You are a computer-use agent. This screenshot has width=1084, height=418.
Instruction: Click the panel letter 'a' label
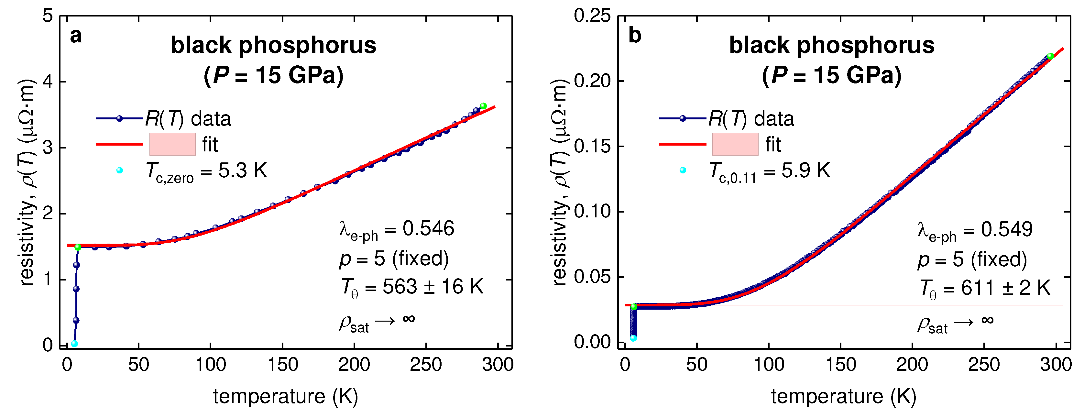76,36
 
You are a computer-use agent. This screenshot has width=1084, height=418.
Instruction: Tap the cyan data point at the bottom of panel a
74,344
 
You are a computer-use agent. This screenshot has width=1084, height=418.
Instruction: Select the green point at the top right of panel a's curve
484,106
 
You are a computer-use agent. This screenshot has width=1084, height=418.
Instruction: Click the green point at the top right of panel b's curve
1050,56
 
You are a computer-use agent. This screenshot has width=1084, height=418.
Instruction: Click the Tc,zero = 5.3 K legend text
206,171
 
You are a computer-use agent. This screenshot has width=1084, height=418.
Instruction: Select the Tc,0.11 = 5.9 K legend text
769,171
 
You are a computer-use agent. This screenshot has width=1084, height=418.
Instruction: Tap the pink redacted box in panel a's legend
172,144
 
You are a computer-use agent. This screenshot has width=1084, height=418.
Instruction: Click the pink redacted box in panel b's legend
735,144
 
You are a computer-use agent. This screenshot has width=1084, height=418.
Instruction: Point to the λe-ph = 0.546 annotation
396,230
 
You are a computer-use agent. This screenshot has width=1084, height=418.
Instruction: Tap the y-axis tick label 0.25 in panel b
592,16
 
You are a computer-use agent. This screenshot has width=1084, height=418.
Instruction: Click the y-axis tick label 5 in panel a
48,16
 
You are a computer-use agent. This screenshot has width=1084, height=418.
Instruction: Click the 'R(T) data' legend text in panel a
188,119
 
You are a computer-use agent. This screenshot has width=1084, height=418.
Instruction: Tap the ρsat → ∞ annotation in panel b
955,324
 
